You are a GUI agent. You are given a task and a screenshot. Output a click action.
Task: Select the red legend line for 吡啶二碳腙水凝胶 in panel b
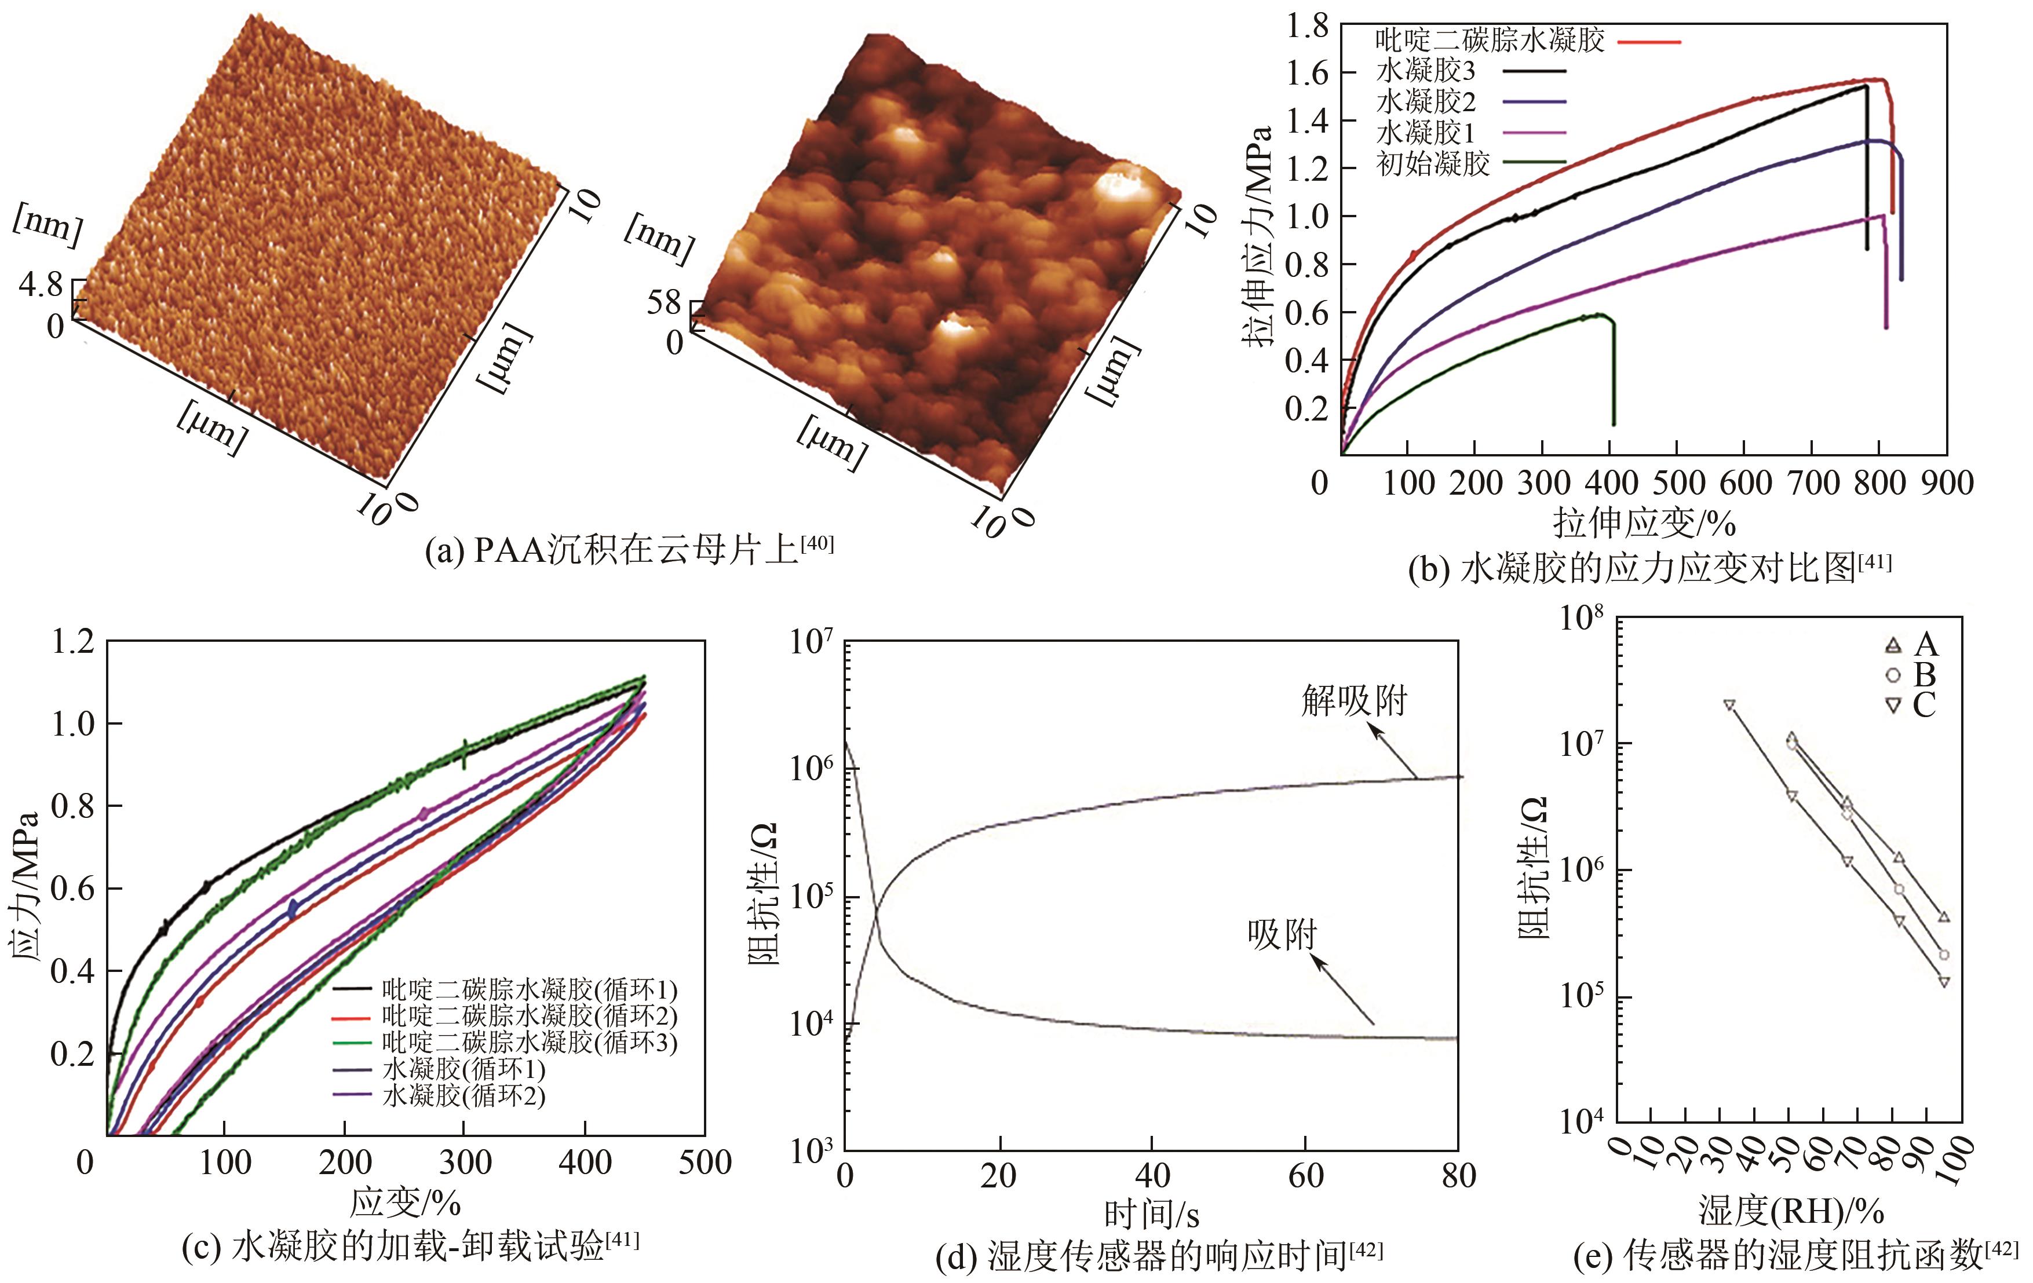tap(1649, 41)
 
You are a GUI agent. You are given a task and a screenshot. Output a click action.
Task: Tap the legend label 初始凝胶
tap(1433, 163)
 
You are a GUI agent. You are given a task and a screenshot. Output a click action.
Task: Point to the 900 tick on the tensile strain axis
tap(1947, 483)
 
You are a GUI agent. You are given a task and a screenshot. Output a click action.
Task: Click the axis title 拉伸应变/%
tap(1645, 523)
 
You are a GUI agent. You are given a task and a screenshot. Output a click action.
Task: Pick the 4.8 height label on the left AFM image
tap(41, 286)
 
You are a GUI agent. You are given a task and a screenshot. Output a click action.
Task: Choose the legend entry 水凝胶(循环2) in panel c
tap(463, 1095)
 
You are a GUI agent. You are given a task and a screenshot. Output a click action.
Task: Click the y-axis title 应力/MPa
tap(25, 889)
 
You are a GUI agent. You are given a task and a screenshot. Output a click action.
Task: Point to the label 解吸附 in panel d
tap(1354, 700)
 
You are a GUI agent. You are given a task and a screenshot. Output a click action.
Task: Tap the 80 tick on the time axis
tap(1458, 1176)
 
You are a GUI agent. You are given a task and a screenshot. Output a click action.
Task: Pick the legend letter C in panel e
tap(1924, 705)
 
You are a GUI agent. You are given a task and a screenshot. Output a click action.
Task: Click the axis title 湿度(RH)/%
tap(1790, 1211)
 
